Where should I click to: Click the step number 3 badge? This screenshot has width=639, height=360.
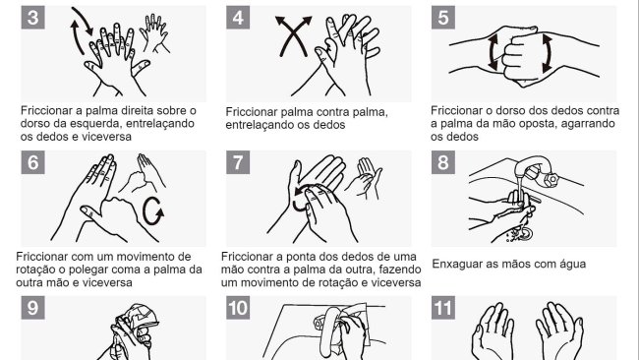[33, 18]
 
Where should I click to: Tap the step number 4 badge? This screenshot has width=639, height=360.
[238, 18]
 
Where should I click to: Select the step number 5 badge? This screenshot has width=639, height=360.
[443, 18]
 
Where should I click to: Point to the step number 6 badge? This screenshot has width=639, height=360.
[33, 162]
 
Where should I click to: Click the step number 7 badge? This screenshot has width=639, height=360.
[238, 162]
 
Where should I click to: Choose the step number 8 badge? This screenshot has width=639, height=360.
[443, 162]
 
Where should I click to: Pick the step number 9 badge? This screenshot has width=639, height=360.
[33, 308]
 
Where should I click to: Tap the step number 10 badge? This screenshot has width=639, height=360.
[238, 308]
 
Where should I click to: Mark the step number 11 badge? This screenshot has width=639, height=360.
[443, 308]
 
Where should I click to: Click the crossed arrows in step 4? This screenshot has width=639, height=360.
[293, 35]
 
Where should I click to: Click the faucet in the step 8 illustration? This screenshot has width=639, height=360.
[538, 171]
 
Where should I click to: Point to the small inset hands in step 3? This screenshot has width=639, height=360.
[154, 33]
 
